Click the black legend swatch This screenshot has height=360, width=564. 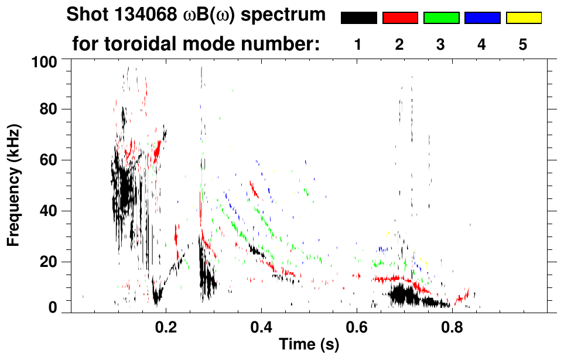(x=358, y=18)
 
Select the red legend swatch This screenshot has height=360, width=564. (x=400, y=18)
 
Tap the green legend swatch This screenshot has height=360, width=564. (x=441, y=18)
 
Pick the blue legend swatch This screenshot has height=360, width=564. (x=482, y=18)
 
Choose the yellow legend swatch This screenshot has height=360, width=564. (x=523, y=18)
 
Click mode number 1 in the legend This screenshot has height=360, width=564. (x=358, y=45)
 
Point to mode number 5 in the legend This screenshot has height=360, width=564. (x=522, y=45)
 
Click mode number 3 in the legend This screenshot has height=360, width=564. (x=440, y=45)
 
